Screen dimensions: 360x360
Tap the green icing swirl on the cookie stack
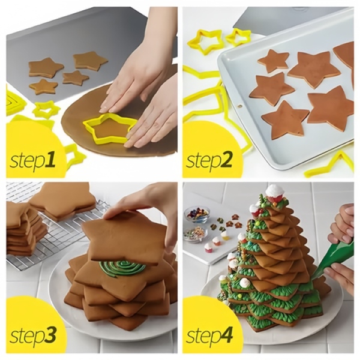pos(122,266)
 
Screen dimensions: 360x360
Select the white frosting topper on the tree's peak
pos(275,193)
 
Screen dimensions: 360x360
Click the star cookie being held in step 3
pos(123,237)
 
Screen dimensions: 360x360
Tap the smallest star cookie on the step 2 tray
pos(273,61)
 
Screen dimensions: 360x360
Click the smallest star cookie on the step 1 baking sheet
pos(76,77)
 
